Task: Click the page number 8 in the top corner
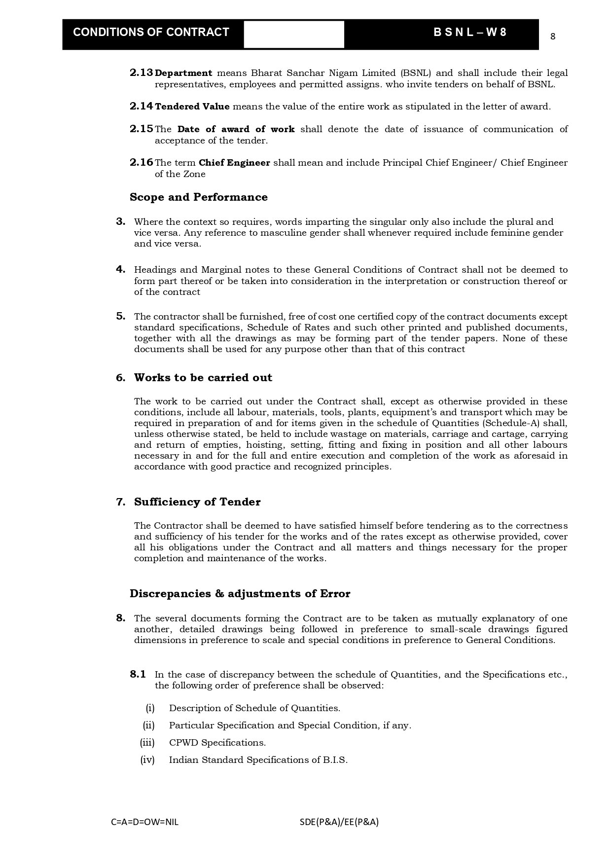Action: (x=553, y=36)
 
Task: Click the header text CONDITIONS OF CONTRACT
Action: (x=151, y=33)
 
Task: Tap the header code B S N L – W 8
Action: (x=469, y=33)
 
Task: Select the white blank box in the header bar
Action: (x=294, y=35)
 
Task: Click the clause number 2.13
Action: (x=141, y=73)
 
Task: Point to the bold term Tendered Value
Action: (x=192, y=107)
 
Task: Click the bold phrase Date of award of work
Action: (x=236, y=129)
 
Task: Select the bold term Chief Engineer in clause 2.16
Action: (x=234, y=163)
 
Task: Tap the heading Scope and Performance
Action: (x=198, y=197)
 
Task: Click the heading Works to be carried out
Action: (x=203, y=378)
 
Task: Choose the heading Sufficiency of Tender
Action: (x=197, y=502)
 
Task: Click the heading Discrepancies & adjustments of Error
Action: (x=240, y=594)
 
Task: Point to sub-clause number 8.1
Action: (x=138, y=674)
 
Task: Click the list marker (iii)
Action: (x=147, y=743)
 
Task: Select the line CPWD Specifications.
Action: (x=217, y=743)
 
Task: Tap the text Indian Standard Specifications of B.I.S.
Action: (x=258, y=760)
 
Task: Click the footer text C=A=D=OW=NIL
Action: (x=145, y=822)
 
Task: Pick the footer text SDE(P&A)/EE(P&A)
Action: (x=339, y=822)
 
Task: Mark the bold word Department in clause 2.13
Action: (x=183, y=73)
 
